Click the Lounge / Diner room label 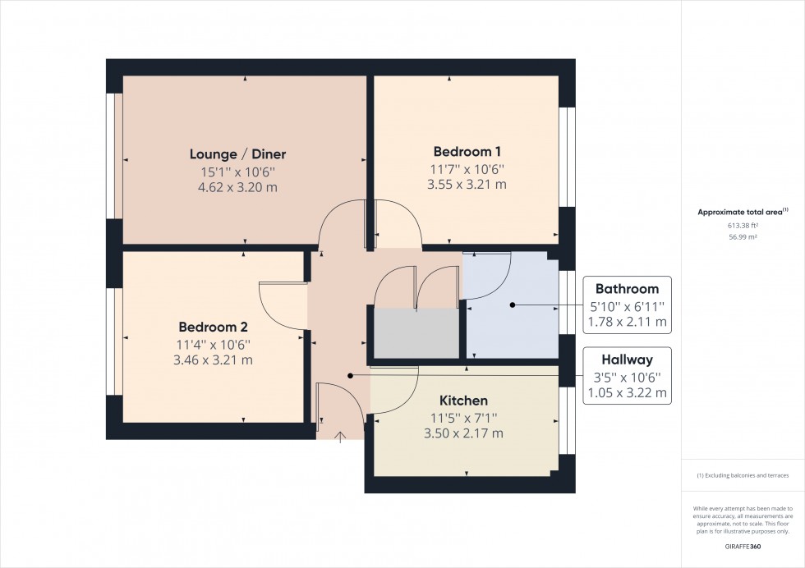237,153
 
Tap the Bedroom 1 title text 467,151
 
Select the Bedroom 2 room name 213,326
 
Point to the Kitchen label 463,401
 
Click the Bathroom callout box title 627,289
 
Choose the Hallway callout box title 627,360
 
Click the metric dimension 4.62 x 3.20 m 237,188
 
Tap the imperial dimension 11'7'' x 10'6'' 467,169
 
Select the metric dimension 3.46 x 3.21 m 213,360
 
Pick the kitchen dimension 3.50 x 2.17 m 463,433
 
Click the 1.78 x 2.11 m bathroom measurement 627,322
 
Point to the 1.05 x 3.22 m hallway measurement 627,393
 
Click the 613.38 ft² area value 742,225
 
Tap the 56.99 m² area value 742,236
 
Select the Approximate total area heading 742,212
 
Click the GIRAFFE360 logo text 742,546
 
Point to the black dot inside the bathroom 512,305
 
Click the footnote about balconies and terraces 742,476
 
